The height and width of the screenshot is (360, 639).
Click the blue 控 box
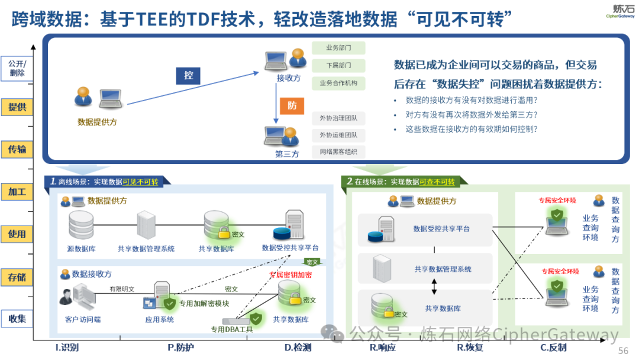[x=188, y=75]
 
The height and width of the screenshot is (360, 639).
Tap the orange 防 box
[x=292, y=105]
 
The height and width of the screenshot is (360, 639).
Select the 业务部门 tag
[x=338, y=48]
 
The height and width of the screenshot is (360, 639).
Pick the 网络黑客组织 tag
[x=338, y=152]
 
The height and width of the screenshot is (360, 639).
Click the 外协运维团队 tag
[x=338, y=135]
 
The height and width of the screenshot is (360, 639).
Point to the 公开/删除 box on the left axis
[x=17, y=68]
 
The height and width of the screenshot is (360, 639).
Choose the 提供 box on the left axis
[x=17, y=107]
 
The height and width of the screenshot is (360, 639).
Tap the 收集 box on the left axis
[x=17, y=319]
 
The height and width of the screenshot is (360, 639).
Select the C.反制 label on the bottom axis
[x=553, y=348]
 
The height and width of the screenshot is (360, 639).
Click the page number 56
[x=623, y=351]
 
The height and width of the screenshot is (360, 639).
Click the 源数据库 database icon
[x=80, y=225]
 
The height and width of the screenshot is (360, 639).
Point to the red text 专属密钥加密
[x=290, y=275]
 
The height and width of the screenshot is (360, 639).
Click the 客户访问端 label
[x=83, y=320]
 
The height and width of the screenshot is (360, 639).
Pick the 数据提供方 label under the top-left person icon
[x=97, y=122]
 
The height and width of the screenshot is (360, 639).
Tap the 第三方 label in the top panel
[x=287, y=154]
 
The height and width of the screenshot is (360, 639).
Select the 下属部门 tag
[x=338, y=65]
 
